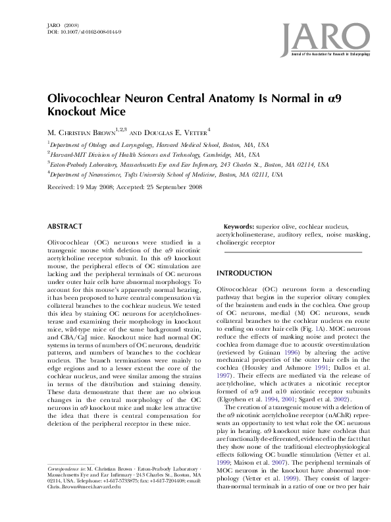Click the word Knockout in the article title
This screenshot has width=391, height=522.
(x=73, y=112)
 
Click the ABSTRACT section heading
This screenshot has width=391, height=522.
(x=65, y=226)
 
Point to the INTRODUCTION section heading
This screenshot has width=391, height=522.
(x=244, y=273)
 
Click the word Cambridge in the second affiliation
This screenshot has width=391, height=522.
(x=221, y=155)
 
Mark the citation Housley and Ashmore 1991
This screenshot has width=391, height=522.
(x=278, y=368)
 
